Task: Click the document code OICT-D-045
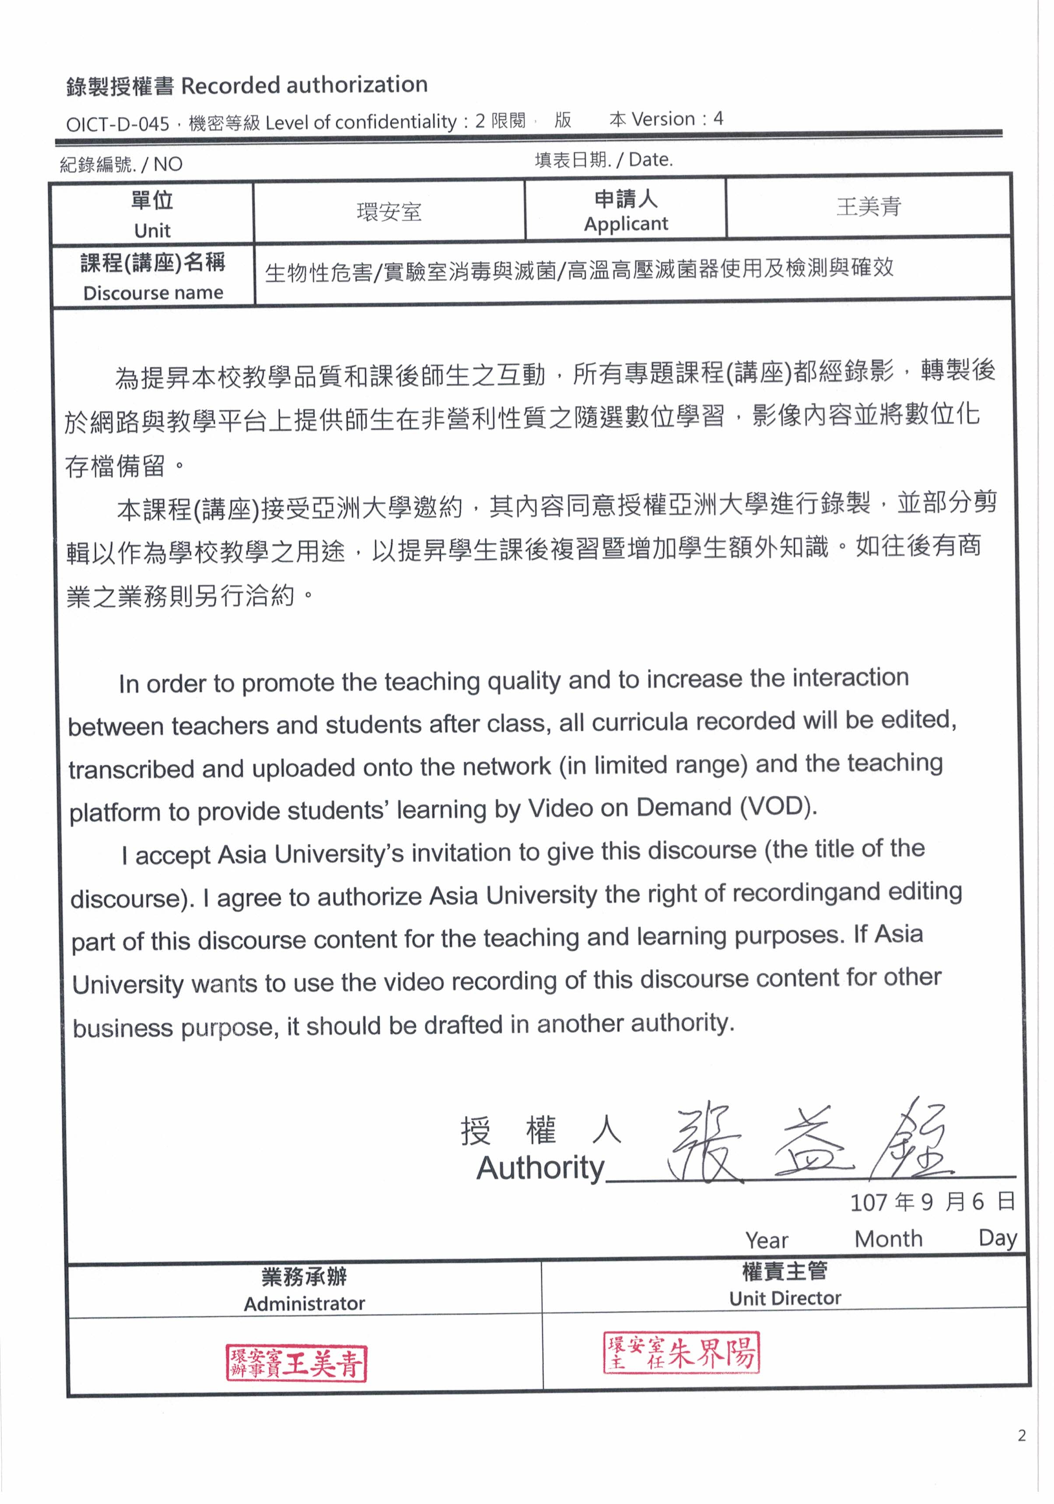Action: [x=118, y=124]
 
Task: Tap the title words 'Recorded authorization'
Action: [x=304, y=85]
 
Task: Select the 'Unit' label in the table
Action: [x=152, y=231]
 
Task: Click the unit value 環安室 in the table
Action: [x=389, y=212]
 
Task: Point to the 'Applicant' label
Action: [x=626, y=224]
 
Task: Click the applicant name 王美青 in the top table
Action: [x=868, y=207]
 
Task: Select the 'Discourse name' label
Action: [x=153, y=293]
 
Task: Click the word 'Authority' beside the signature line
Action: [x=540, y=1168]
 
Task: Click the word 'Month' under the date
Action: [x=888, y=1239]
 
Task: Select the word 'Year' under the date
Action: [x=767, y=1240]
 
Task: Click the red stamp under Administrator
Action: [x=296, y=1363]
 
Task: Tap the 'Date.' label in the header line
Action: [x=651, y=160]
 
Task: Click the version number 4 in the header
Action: [x=718, y=119]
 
